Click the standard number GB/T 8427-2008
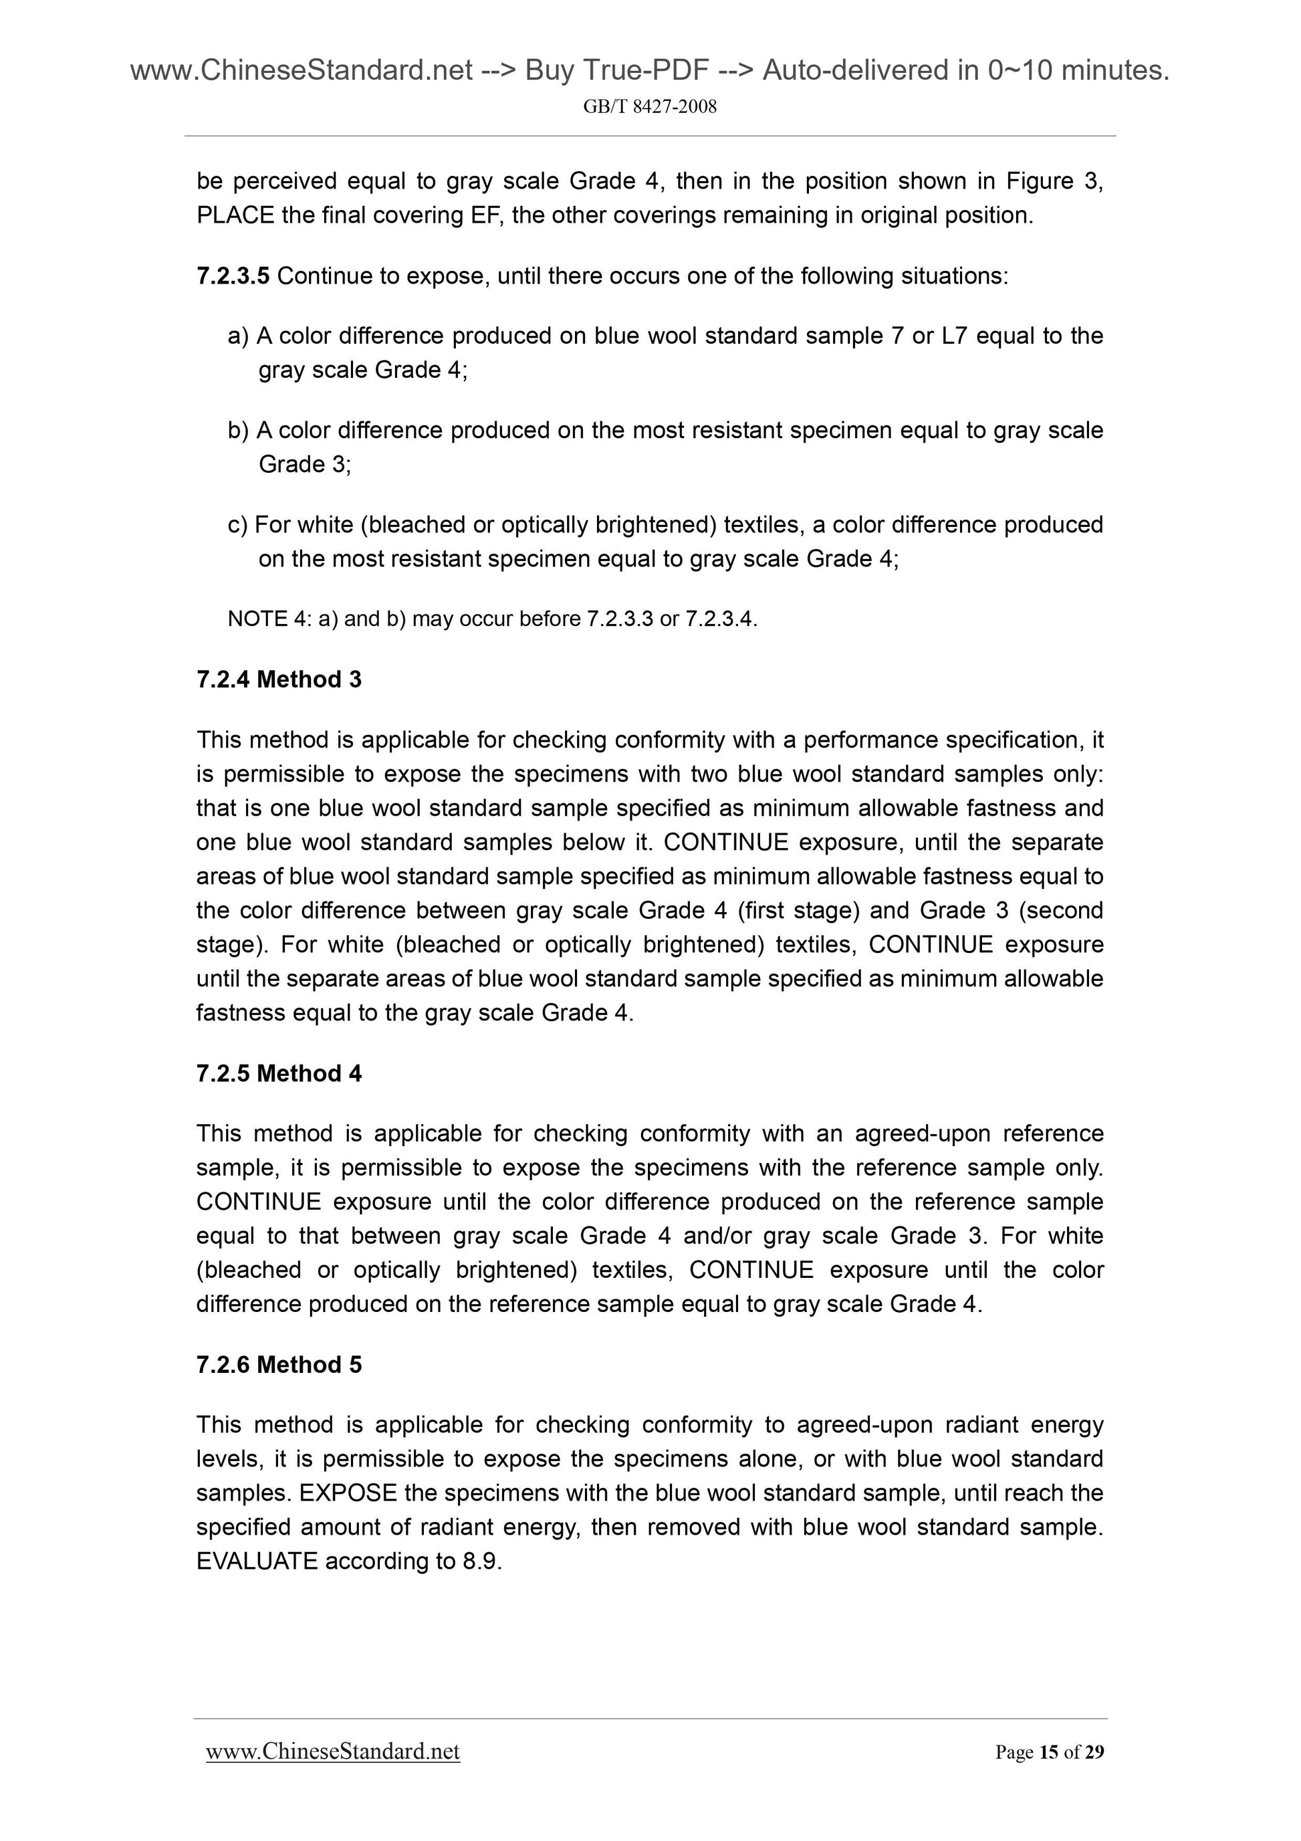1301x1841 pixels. (649, 106)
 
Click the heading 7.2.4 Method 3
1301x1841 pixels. (278, 679)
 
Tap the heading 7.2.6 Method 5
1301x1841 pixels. (278, 1364)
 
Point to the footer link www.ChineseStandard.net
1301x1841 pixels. (333, 1752)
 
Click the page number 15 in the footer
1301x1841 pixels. (1048, 1753)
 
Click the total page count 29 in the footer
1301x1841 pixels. (1094, 1753)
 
